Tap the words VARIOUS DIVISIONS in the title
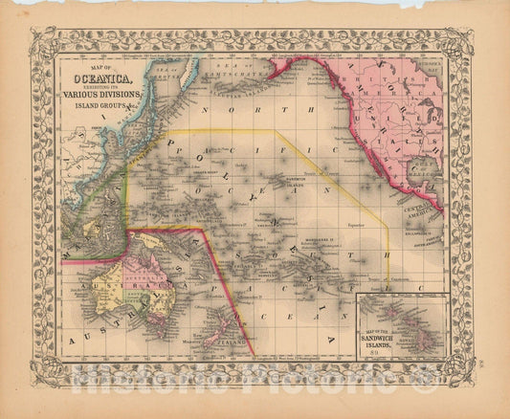(102, 95)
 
